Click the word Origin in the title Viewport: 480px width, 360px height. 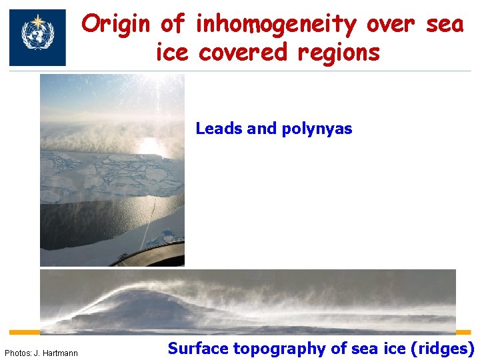[x=119, y=25]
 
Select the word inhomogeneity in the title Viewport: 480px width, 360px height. [x=277, y=25]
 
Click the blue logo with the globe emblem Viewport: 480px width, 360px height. [x=37, y=37]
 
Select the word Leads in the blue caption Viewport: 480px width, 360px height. [x=219, y=129]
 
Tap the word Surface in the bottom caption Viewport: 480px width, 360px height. [x=197, y=348]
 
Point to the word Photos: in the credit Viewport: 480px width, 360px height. [x=17, y=353]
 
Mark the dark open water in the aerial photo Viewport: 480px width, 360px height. [x=100, y=220]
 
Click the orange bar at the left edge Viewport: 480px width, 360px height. [x=24, y=332]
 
